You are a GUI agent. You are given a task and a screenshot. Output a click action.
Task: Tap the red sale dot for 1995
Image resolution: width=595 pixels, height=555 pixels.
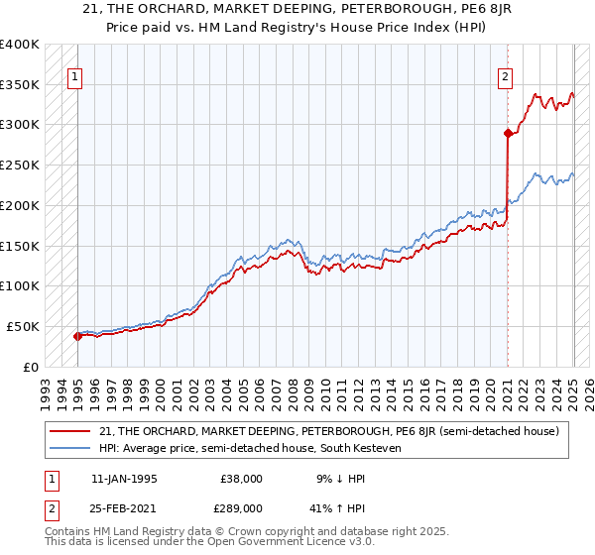coord(77,336)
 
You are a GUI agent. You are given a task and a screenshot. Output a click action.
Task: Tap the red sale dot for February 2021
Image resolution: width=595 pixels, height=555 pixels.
coord(508,133)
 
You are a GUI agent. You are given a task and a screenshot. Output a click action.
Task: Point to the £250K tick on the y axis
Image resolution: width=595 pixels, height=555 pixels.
coord(20,166)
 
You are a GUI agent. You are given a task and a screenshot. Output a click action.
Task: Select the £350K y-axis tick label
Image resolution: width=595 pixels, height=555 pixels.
coord(20,85)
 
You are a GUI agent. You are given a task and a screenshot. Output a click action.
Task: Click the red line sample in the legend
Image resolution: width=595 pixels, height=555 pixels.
coord(71,431)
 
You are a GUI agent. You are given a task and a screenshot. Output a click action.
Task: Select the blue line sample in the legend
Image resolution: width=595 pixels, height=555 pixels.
coord(71,448)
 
